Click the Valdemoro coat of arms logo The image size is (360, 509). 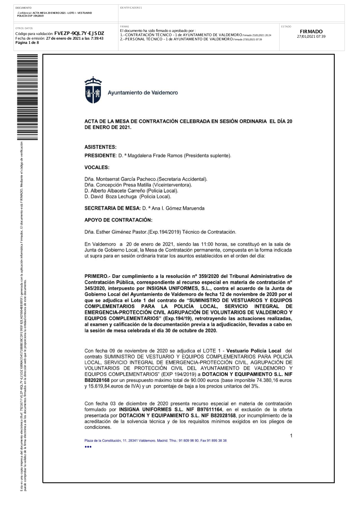click(x=93, y=90)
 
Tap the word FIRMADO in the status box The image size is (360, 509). click(x=311, y=32)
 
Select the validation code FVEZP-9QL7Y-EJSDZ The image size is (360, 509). click(x=79, y=33)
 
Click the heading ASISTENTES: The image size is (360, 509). click(x=100, y=147)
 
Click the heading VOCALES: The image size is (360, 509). click(x=97, y=167)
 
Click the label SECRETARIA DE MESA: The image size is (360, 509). click(x=112, y=208)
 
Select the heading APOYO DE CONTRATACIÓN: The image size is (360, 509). click(x=118, y=220)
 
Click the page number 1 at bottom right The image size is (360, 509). click(x=291, y=436)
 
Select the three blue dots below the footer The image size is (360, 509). click(x=88, y=447)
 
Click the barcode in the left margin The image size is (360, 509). click(x=27, y=97)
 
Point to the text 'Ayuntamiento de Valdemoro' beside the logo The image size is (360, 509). click(x=143, y=93)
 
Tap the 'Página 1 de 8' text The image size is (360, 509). click(x=27, y=43)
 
